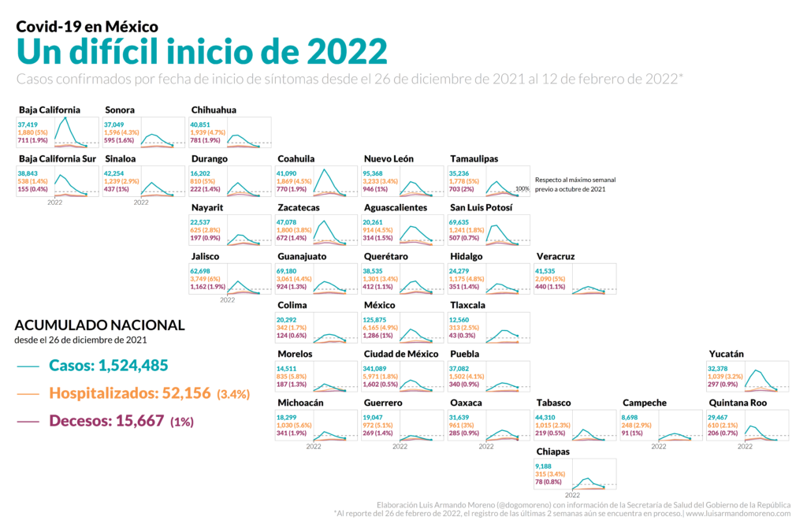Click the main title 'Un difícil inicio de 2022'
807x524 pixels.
[202, 52]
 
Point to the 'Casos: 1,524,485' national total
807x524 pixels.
[108, 366]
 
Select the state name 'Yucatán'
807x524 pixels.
[726, 354]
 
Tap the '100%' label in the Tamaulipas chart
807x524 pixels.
[522, 188]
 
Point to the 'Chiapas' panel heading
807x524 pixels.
[552, 452]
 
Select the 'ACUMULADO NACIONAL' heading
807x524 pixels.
[100, 325]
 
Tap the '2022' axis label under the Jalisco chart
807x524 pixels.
[228, 300]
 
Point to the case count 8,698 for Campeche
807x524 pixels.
[630, 418]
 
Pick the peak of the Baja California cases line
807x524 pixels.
[64, 118]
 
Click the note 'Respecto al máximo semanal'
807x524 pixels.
[575, 180]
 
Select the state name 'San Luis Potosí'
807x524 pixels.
[481, 207]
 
